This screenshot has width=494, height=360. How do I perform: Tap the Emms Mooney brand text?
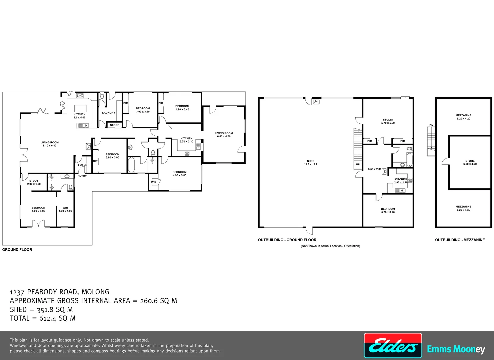[456, 349]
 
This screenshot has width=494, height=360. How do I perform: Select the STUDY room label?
[34, 182]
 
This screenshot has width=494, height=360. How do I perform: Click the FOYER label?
[82, 165]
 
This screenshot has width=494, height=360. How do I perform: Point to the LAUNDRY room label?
[108, 113]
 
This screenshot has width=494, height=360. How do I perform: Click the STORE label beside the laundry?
[114, 125]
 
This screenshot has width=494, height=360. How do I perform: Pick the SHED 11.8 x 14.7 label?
[310, 163]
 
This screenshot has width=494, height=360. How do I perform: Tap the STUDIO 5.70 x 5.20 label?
[388, 121]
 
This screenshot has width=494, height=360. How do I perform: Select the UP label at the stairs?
[358, 164]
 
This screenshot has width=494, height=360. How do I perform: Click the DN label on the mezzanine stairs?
[431, 125]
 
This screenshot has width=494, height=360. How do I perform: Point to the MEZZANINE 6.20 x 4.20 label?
[463, 117]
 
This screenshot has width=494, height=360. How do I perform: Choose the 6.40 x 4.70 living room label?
[224, 135]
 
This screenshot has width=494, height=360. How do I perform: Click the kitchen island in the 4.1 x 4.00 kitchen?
[80, 108]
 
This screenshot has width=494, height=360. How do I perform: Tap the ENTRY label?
[82, 176]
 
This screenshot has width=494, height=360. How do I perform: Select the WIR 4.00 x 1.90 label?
[65, 209]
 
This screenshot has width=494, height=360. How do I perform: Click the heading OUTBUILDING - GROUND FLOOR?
[287, 240]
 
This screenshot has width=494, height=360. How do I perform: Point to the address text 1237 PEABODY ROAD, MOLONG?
[60, 292]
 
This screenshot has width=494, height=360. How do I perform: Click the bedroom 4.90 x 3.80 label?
[179, 174]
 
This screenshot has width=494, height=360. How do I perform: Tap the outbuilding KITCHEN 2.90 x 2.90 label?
[401, 181]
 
